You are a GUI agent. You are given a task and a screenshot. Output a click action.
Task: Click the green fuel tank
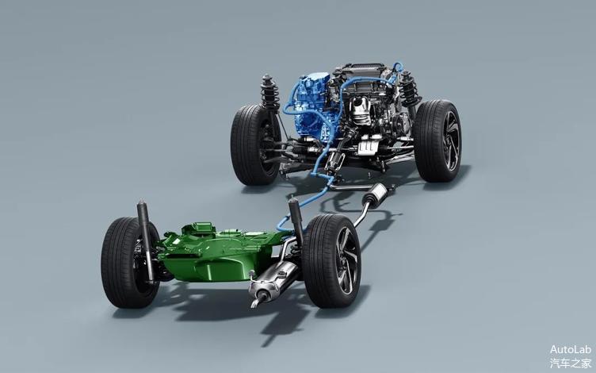coord(216,253)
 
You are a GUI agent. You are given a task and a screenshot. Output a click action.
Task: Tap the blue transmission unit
coord(312,106)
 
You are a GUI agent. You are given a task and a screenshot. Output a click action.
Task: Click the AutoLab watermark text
coord(570,349)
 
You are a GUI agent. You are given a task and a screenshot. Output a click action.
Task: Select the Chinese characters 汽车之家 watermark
coord(570,363)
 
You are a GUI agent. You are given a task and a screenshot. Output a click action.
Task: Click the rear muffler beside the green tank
coord(273,279)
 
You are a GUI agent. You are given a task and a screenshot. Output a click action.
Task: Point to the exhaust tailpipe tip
coord(255,302)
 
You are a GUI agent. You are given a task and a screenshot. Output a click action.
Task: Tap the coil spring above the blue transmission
coord(269,93)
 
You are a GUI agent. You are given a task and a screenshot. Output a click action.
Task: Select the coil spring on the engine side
coord(409,90)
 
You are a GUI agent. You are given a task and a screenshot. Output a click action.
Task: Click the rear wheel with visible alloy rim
coord(331,261)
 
